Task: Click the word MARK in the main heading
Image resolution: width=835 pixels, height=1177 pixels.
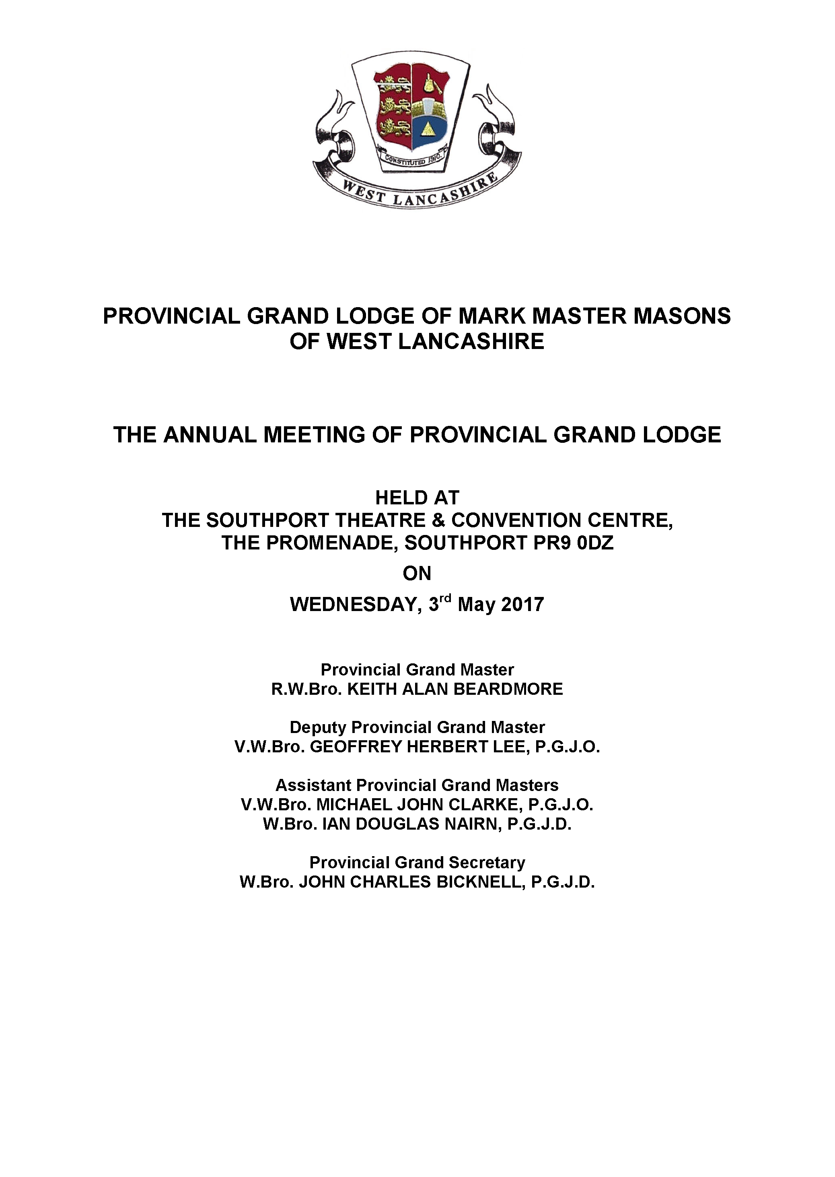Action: (492, 316)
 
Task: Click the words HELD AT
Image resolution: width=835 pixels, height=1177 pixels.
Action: (417, 498)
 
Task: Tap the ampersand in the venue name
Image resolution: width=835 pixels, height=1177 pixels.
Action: (438, 520)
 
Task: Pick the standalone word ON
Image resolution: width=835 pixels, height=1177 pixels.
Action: (417, 573)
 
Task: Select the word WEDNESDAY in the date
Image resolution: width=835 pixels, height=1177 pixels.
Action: (354, 605)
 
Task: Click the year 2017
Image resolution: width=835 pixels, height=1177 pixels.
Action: (522, 605)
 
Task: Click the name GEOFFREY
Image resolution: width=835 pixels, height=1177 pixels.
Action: (355, 746)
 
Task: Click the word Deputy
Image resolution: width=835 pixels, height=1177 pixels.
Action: (318, 727)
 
